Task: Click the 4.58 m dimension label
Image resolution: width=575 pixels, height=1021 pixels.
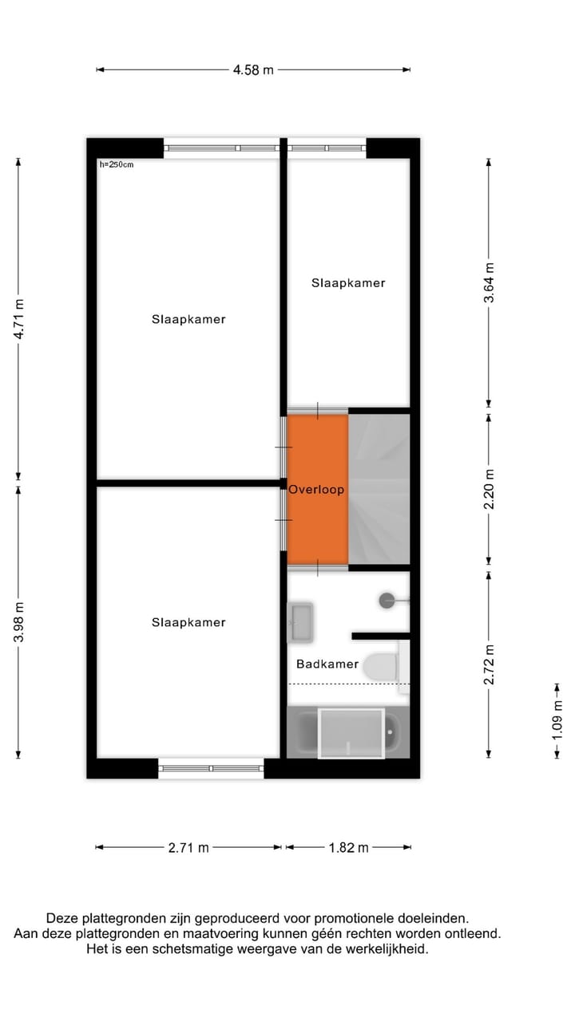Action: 253,70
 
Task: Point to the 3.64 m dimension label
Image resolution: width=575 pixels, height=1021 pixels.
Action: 490,282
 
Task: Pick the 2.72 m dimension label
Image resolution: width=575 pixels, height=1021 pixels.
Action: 490,664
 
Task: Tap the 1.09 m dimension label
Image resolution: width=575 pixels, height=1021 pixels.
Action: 557,720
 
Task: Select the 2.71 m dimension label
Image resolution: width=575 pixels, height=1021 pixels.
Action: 188,848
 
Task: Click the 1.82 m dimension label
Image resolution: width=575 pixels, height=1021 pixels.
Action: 348,848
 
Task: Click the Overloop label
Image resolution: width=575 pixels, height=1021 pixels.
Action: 316,490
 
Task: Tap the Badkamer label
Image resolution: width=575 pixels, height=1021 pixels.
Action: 327,664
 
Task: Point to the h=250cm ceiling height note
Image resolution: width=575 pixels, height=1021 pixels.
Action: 117,165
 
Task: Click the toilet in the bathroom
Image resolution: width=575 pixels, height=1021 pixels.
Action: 382,666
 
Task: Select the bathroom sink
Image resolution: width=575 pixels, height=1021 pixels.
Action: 301,622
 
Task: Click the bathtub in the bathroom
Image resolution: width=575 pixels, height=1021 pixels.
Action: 348,732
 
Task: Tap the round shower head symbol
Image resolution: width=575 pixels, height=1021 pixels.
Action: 387,601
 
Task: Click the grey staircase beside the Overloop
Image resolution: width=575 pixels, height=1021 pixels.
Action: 379,488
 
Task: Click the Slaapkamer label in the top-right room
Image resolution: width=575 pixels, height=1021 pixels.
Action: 348,283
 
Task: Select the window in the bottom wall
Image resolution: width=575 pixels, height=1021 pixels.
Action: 211,768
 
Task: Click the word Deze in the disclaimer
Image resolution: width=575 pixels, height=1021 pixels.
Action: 62,918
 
